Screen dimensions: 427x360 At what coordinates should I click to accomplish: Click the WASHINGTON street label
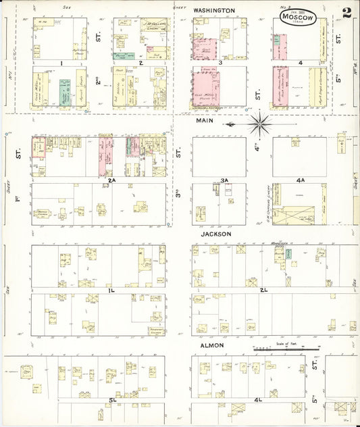(214, 11)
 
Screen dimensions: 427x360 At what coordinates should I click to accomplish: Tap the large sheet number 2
(346, 11)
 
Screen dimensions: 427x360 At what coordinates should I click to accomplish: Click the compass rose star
(260, 124)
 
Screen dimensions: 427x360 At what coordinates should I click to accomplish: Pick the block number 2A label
(112, 180)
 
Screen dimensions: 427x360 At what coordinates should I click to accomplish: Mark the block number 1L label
(111, 290)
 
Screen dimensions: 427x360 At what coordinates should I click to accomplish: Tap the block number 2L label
(264, 290)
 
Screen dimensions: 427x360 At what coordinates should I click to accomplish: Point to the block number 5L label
(112, 401)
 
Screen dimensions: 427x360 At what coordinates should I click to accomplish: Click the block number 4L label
(257, 401)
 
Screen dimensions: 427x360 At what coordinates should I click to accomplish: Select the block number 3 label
(220, 63)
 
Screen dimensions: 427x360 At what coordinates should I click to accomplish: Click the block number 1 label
(61, 63)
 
